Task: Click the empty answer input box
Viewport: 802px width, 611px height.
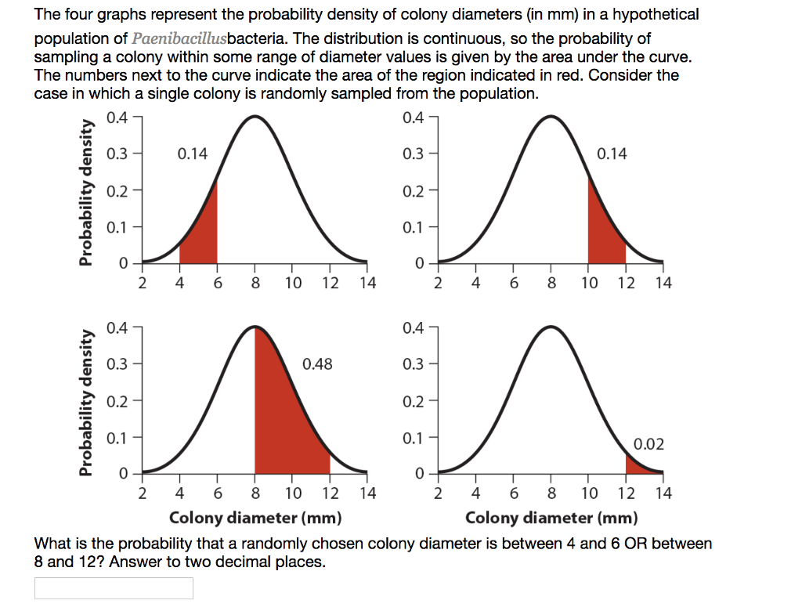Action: pos(114,588)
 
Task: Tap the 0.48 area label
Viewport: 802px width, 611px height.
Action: pos(317,363)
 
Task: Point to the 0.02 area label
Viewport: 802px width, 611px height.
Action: pos(648,445)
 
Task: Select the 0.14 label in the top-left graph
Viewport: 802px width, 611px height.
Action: pos(193,154)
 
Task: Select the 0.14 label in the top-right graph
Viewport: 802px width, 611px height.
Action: pos(612,154)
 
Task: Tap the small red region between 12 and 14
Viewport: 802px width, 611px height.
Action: pos(636,468)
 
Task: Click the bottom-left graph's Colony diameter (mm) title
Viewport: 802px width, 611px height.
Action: pos(255,518)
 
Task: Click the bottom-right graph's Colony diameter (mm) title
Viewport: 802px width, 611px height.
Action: pos(551,518)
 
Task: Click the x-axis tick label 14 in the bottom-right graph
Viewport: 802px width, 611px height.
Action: pos(663,493)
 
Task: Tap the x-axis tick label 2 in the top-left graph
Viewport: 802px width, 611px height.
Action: pos(142,284)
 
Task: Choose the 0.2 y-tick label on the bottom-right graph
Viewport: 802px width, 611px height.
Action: pos(414,401)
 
